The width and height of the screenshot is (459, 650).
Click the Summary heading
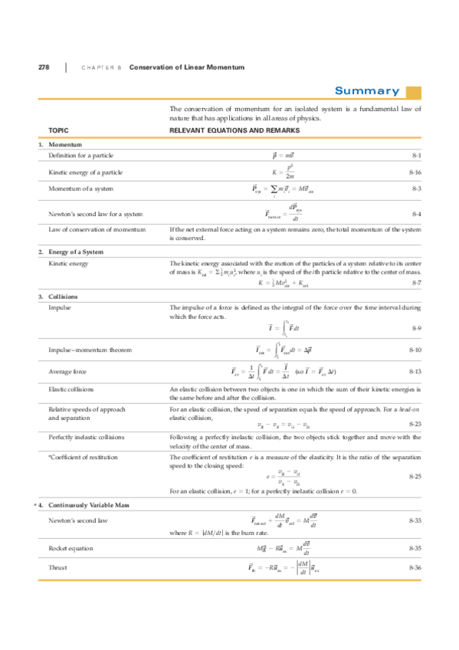coord(366,91)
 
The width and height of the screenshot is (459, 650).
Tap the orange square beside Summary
coord(414,92)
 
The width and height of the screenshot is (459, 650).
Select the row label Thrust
coord(56,567)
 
